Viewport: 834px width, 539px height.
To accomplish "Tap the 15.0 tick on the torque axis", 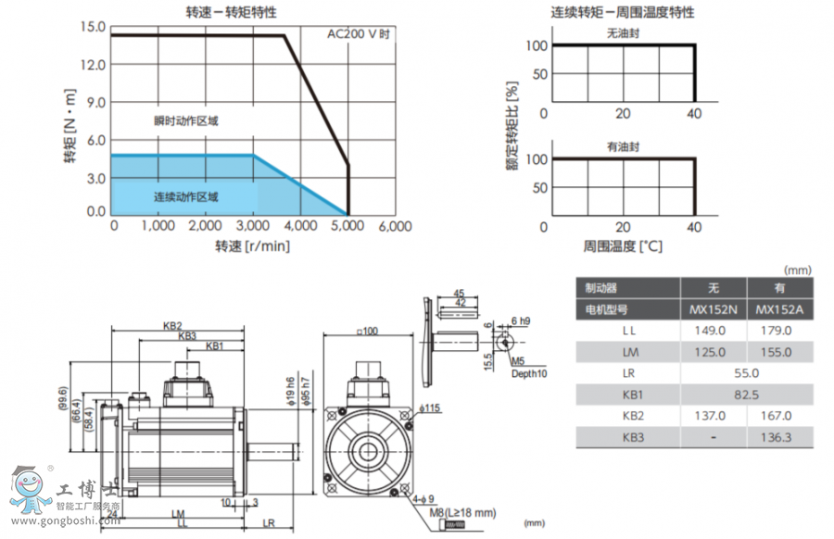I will point(94,26).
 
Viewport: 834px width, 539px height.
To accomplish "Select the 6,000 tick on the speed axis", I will point(395,226).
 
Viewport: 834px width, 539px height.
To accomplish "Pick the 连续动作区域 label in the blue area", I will point(186,196).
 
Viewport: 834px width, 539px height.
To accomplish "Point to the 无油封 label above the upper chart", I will point(623,32).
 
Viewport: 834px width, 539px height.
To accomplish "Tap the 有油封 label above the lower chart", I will point(623,146).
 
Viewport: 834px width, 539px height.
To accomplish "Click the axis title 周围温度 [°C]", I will point(623,246).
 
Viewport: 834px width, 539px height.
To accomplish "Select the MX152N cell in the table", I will point(714,309).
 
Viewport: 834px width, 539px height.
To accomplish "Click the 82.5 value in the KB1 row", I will point(746,395).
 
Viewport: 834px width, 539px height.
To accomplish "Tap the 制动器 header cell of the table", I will point(596,288).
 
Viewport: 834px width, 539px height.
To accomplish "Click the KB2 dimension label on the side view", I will point(172,326).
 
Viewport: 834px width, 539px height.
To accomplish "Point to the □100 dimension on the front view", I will point(368,331).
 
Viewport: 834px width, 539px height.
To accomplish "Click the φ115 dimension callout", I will point(429,408).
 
